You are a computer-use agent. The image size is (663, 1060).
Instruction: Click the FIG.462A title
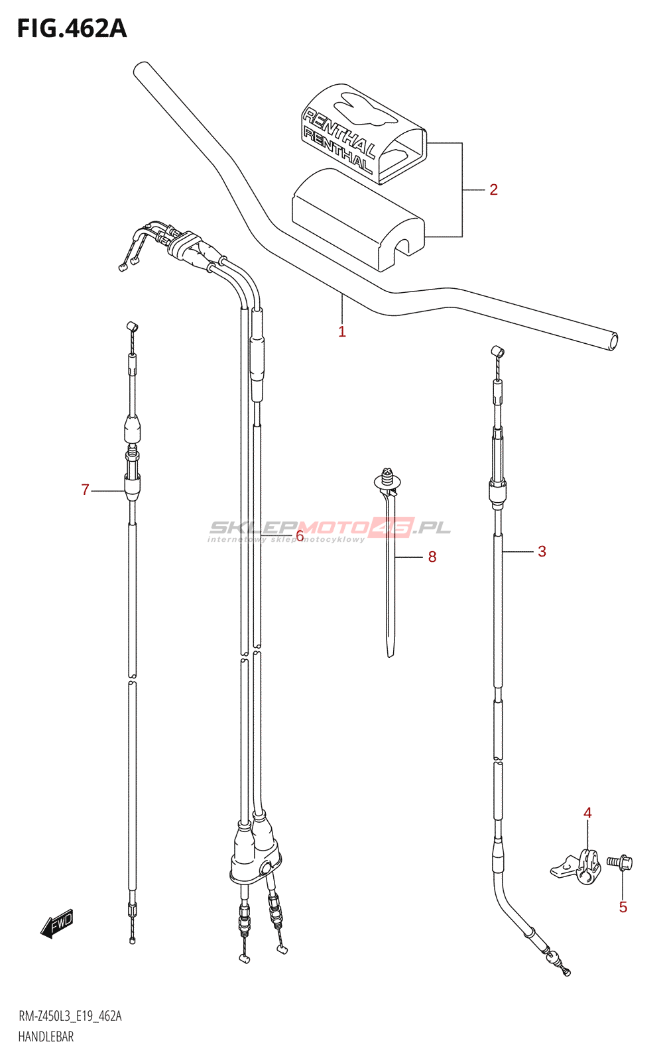(72, 28)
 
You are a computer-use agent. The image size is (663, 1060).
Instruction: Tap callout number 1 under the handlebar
(342, 331)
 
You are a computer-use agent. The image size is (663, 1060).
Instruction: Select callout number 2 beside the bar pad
(493, 189)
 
